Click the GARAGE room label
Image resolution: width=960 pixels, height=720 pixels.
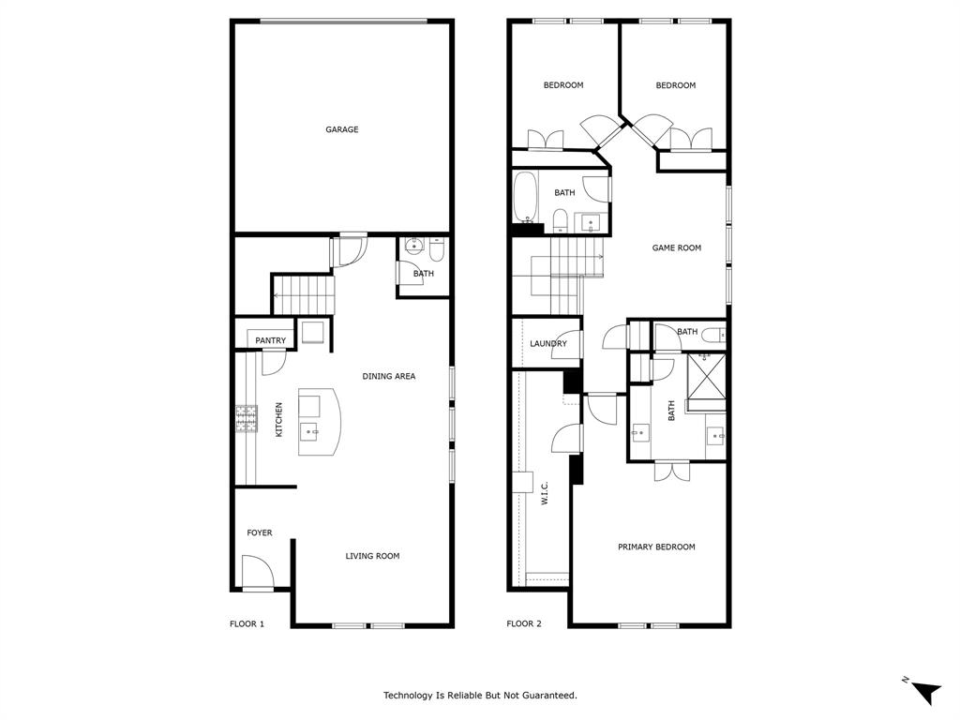[342, 129]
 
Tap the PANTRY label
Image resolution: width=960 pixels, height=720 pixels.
[271, 340]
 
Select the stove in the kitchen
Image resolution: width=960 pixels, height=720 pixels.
[247, 418]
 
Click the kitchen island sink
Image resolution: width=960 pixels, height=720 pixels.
[309, 431]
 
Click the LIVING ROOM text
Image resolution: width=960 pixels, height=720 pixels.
[372, 556]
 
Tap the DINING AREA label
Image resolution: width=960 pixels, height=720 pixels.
[389, 376]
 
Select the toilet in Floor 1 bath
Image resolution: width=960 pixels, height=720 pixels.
[437, 249]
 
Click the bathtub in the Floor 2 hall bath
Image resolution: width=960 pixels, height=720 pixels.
[525, 198]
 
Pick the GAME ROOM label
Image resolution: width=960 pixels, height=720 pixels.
[677, 248]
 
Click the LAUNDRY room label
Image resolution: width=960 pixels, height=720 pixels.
[548, 344]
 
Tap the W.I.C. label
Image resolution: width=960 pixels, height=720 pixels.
[544, 494]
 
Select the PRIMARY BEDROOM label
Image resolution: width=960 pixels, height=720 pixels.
[656, 547]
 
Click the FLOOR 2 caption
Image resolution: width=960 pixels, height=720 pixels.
[524, 623]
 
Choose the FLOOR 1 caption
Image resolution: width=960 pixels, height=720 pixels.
[247, 623]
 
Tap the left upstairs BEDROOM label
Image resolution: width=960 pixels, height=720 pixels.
[563, 85]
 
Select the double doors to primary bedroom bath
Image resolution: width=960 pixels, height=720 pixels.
[672, 470]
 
